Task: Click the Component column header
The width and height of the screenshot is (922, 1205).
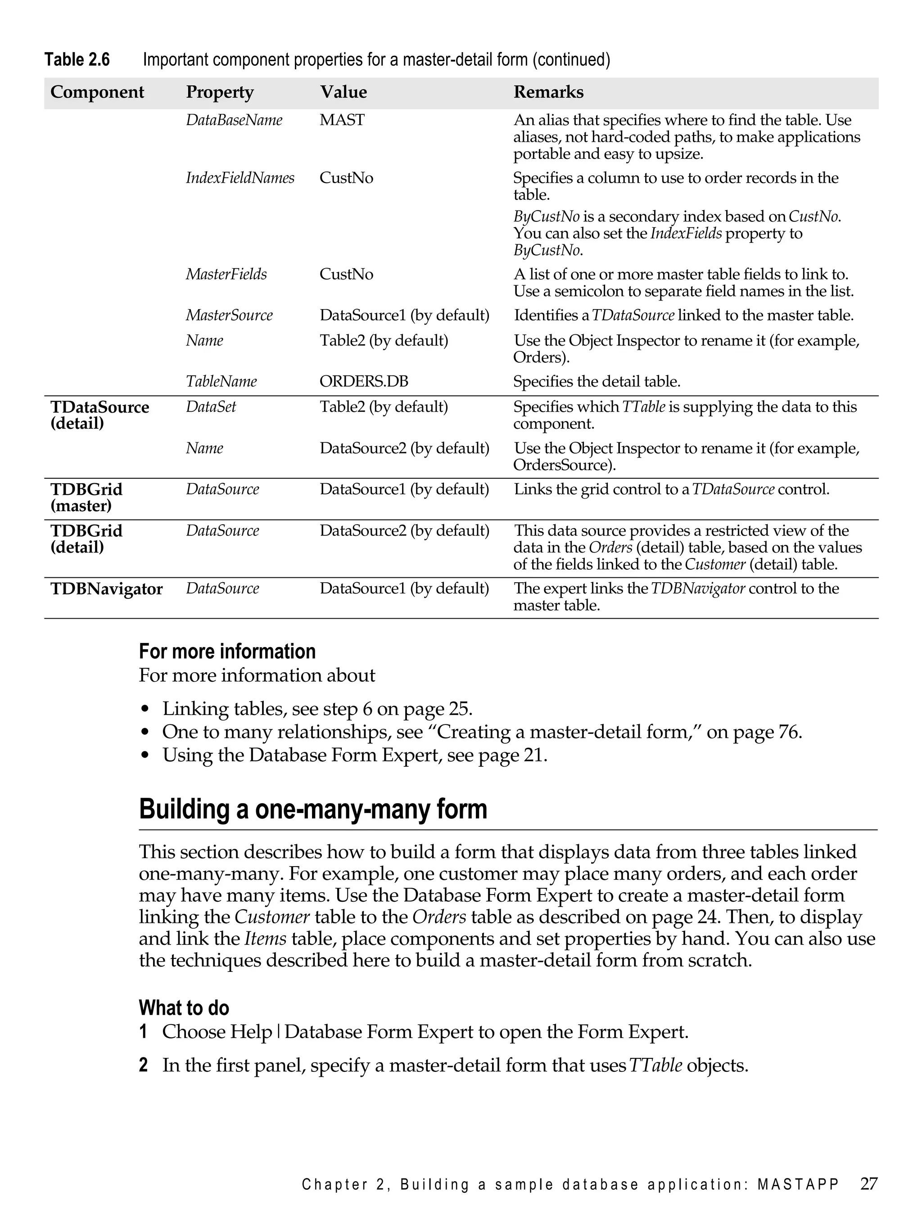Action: (97, 92)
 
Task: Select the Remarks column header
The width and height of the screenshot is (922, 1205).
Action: (548, 92)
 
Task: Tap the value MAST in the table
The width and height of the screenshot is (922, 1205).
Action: (342, 120)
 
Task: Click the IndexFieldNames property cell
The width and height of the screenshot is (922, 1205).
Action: (240, 178)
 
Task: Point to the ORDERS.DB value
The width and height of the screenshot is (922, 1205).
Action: (364, 381)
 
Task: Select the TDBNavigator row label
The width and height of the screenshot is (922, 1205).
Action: (106, 589)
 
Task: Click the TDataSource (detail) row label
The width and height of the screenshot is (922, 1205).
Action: (99, 415)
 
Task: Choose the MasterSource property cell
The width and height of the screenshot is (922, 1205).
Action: (229, 315)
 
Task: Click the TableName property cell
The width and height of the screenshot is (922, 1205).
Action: (221, 381)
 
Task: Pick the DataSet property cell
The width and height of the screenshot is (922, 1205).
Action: (211, 407)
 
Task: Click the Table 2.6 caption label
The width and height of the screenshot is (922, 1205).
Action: (77, 59)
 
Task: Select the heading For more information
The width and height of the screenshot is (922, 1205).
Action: (227, 651)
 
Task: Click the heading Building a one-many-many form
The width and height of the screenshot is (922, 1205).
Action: (313, 809)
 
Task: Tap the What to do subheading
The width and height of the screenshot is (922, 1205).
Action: (184, 1007)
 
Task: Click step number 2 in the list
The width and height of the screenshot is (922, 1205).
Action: (143, 1065)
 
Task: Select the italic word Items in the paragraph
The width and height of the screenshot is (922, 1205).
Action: (265, 939)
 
